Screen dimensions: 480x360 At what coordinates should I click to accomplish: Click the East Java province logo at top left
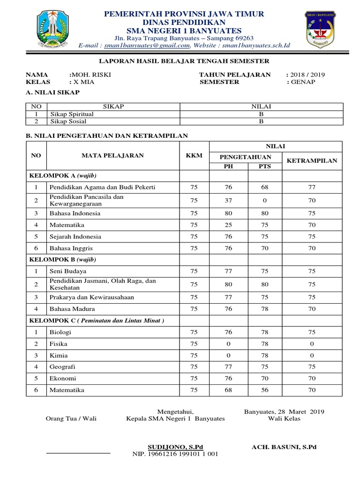(x=56, y=29)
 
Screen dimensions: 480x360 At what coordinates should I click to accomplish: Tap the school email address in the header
(x=147, y=45)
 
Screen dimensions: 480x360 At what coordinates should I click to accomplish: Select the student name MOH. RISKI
(x=91, y=75)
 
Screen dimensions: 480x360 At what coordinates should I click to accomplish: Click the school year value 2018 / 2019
(x=307, y=75)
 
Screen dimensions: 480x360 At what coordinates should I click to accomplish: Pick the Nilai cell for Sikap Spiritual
(x=262, y=114)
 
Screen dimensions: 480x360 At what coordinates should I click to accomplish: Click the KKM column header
(x=194, y=156)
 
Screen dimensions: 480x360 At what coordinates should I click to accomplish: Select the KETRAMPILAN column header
(x=312, y=160)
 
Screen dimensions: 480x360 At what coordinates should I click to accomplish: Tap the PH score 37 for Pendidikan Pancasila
(x=228, y=200)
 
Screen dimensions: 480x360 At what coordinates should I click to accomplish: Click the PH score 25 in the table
(x=228, y=225)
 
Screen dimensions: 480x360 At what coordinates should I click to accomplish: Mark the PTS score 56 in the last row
(x=265, y=390)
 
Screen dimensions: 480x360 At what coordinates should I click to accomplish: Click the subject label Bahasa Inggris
(x=71, y=248)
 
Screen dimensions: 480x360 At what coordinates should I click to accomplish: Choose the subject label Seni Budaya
(x=68, y=271)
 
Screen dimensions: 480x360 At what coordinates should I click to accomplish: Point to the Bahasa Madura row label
(x=72, y=309)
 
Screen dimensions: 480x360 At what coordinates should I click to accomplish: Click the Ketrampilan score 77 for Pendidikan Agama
(x=312, y=187)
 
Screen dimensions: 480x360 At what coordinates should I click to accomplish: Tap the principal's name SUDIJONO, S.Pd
(x=175, y=447)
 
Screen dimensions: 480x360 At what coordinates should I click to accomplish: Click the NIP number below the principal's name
(x=176, y=454)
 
